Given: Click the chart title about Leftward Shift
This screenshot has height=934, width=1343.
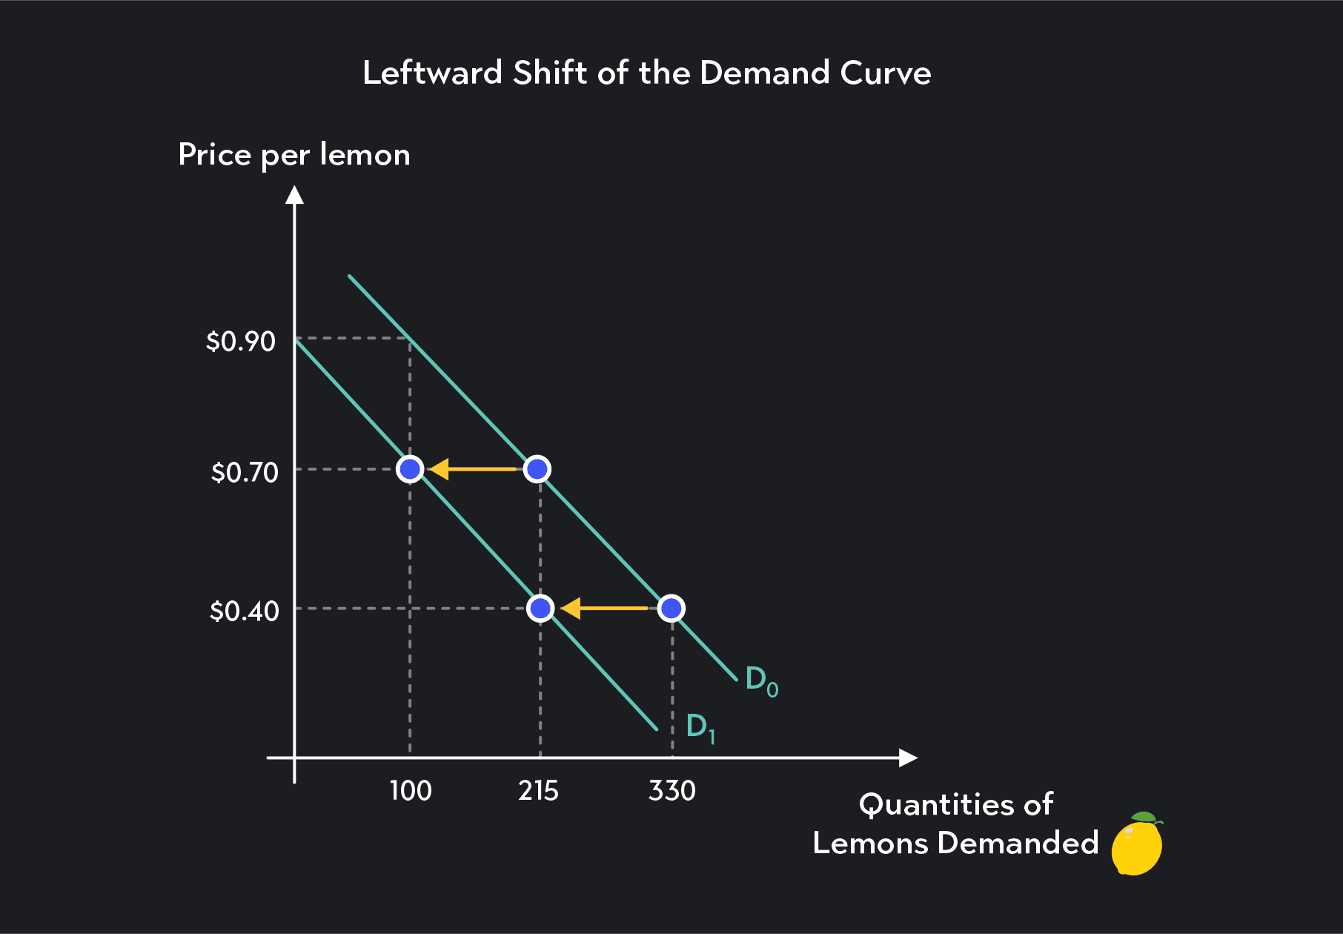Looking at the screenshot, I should point(646,73).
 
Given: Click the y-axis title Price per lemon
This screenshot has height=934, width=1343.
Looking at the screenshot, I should point(294,155).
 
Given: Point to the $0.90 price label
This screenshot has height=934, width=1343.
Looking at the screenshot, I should point(240,342).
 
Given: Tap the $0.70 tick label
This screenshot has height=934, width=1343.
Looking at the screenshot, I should point(244,472).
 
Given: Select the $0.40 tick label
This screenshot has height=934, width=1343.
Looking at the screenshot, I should point(244,612).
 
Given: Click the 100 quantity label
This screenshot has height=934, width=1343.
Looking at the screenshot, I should point(411,791).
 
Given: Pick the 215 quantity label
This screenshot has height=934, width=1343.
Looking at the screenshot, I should point(538,791).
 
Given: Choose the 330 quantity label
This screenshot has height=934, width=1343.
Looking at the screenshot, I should point(671,791).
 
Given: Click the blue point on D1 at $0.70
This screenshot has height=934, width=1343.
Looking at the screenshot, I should point(410,469).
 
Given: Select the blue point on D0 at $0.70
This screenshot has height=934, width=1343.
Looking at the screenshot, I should point(537,469).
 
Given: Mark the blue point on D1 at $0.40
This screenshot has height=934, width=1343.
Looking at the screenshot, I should point(541,609).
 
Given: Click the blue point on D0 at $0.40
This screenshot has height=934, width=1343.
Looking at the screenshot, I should point(671,609).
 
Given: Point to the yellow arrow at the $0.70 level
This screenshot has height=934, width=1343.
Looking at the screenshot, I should point(473,469).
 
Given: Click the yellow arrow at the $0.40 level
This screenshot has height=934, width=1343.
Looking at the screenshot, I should point(604,609).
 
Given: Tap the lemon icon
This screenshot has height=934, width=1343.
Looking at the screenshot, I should point(1138,844).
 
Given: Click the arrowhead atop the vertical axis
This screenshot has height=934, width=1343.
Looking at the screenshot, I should point(295,194).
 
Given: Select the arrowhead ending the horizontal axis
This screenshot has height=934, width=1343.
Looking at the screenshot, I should point(908,758).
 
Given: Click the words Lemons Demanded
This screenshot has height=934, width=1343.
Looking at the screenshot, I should point(955,844).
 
